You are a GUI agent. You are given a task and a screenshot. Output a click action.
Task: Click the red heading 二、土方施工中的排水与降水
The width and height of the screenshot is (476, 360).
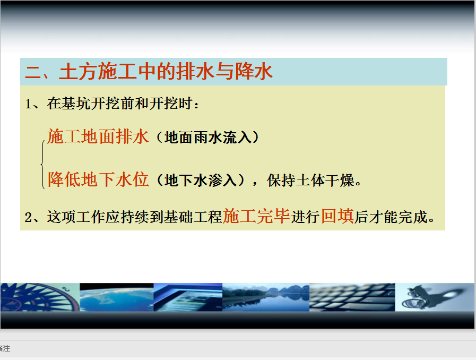(149, 72)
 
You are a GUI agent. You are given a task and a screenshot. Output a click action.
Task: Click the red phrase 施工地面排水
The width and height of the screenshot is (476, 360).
(98, 136)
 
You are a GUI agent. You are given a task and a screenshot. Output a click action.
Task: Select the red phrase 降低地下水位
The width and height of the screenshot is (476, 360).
(98, 179)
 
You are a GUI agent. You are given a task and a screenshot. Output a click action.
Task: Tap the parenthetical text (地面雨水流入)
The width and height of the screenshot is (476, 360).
(208, 138)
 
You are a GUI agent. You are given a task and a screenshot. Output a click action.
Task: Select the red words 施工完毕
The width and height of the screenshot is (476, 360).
(256, 216)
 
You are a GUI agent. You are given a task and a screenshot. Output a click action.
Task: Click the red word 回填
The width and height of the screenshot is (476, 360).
(337, 216)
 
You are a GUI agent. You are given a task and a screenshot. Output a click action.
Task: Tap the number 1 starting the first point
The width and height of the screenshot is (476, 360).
(29, 104)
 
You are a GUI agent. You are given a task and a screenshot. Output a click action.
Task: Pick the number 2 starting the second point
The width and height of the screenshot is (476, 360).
(29, 218)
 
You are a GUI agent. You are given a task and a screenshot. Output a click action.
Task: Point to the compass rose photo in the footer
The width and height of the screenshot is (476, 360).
(40, 297)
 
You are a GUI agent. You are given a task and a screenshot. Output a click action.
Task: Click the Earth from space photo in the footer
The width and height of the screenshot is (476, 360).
(117, 297)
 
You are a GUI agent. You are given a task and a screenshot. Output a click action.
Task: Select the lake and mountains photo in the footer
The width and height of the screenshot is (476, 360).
(266, 297)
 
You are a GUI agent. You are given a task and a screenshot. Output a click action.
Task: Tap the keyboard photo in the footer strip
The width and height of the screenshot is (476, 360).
(352, 297)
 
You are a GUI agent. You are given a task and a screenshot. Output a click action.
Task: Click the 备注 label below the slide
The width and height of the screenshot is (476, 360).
(5, 348)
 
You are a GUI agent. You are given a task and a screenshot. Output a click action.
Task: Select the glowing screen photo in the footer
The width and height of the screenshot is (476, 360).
(188, 297)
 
